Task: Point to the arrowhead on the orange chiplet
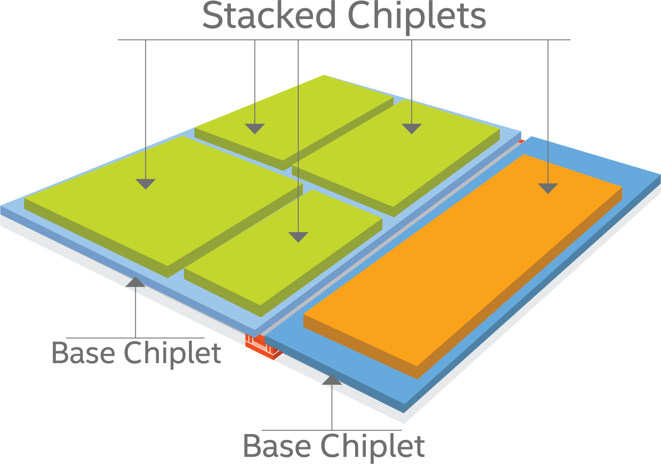point(548,188)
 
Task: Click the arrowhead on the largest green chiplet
point(146,184)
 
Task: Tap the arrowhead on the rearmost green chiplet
point(255,128)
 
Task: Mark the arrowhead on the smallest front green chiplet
point(298,237)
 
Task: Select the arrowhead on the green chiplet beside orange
point(412,128)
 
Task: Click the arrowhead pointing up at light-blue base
point(135,282)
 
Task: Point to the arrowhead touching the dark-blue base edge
point(332,380)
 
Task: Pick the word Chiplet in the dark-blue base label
point(372,447)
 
